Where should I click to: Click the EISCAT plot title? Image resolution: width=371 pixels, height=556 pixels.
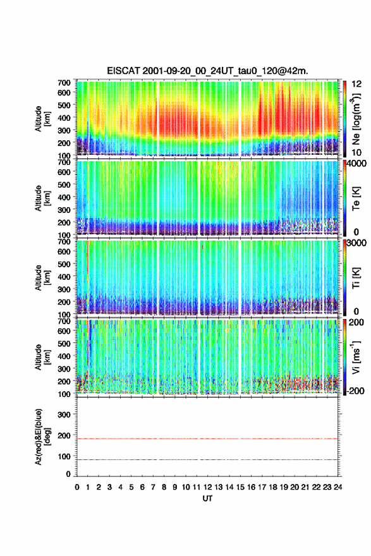pos(207,71)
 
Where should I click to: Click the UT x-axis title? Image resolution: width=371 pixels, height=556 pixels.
pos(207,499)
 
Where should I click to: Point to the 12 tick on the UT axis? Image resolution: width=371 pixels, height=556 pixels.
pos(207,487)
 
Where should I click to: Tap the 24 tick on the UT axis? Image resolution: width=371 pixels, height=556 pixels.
pos(338,487)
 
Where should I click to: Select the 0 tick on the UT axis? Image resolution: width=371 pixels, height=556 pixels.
pos(77,487)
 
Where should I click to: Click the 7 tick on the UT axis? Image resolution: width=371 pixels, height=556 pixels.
pos(153,487)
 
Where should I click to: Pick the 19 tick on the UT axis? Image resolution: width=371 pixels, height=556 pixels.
pos(284,487)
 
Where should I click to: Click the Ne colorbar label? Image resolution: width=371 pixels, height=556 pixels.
pos(356,119)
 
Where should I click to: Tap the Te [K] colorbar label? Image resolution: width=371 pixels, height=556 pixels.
pos(356,198)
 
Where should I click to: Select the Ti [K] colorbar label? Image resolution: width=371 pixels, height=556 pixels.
pos(356,278)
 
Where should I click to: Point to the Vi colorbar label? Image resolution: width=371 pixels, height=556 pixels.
pos(356,358)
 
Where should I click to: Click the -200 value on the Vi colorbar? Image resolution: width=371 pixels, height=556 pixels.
pos(354,390)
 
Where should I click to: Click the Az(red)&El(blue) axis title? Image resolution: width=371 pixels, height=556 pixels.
pos(42,437)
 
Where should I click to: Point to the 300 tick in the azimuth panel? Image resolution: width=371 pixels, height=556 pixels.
pos(64,414)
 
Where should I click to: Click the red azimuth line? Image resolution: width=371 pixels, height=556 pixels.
pos(207,438)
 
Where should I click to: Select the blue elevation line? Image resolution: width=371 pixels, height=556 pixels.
pos(207,459)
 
